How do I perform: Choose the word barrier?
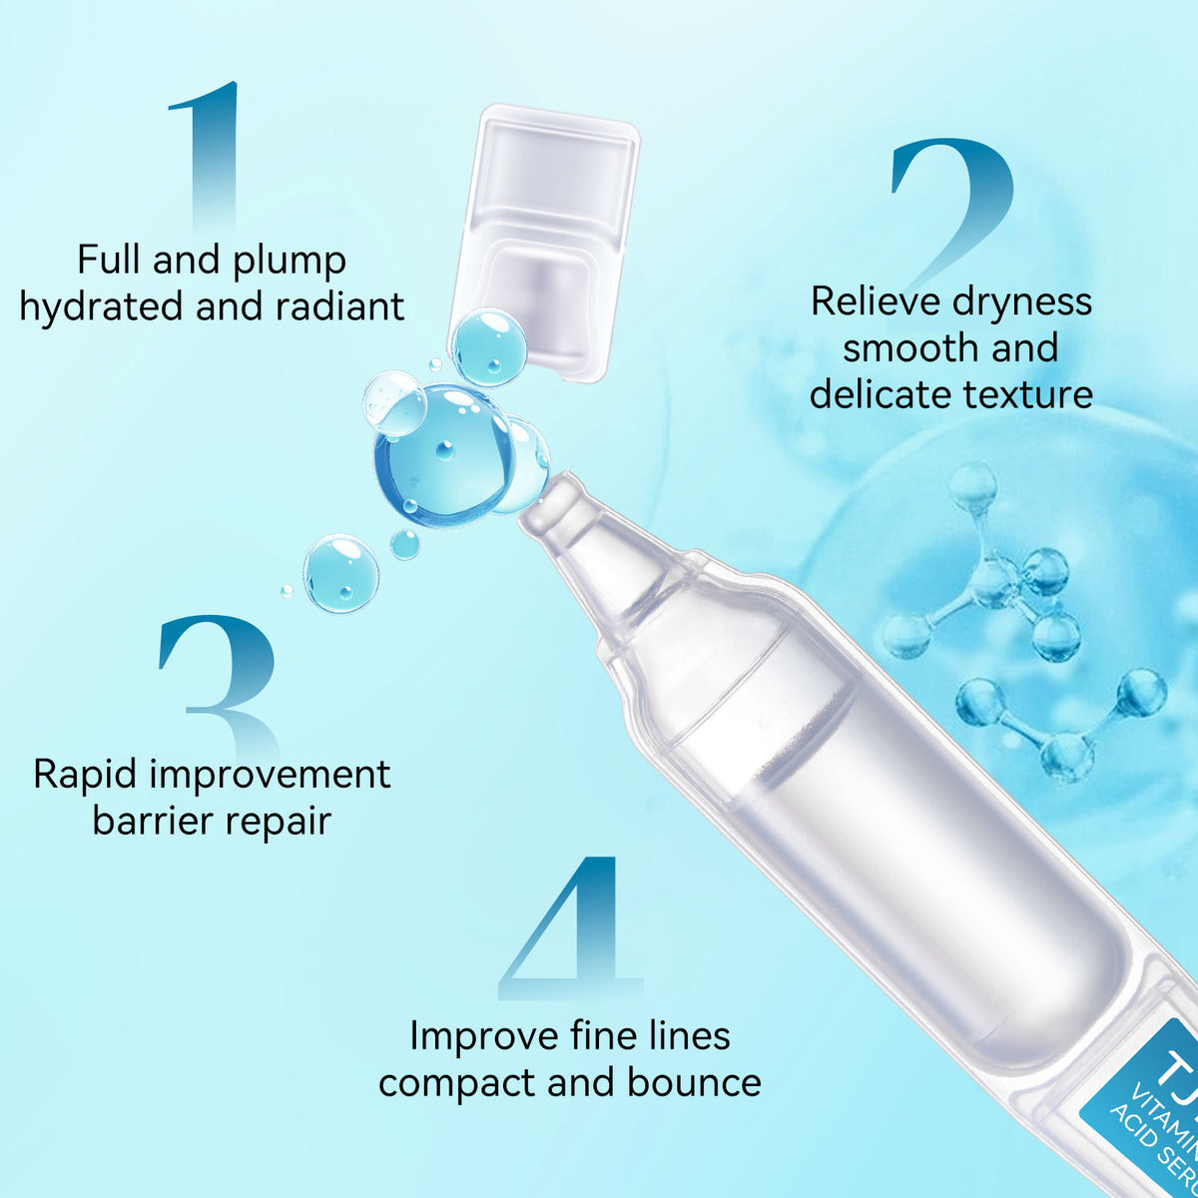153,822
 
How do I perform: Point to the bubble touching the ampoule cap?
488,346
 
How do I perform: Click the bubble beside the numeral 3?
340,573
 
